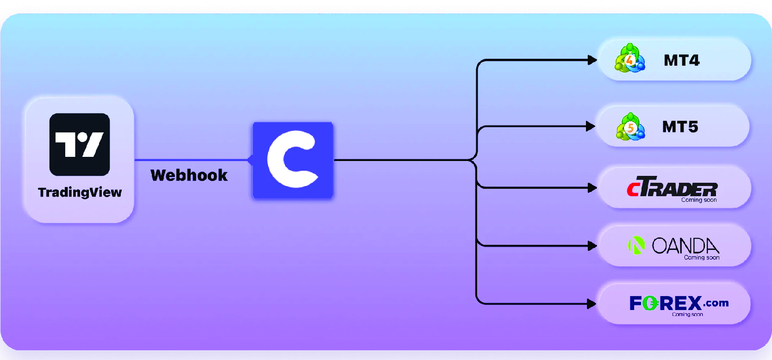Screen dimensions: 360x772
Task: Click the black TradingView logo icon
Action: click(x=80, y=144)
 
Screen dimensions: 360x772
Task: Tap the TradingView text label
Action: click(x=80, y=192)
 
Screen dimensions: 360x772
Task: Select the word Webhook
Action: click(x=189, y=175)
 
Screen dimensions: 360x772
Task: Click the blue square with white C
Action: click(x=293, y=160)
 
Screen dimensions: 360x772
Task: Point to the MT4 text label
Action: click(x=681, y=60)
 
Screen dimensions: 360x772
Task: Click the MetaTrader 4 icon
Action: click(x=629, y=59)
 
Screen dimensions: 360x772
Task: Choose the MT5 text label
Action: click(x=680, y=127)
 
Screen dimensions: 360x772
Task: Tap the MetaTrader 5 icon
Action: click(x=630, y=126)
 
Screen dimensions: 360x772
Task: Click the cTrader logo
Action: click(x=672, y=187)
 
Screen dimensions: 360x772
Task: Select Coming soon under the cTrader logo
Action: click(x=699, y=200)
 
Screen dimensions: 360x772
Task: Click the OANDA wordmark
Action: click(x=685, y=245)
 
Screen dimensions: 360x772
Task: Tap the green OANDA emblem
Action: click(x=636, y=245)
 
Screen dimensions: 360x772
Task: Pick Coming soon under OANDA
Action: click(x=702, y=258)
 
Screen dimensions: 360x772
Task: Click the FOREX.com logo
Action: click(x=679, y=303)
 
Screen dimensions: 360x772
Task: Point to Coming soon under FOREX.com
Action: click(x=687, y=315)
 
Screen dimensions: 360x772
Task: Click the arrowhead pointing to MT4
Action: click(x=592, y=60)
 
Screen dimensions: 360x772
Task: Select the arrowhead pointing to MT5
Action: click(x=591, y=126)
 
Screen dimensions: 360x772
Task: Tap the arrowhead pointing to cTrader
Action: click(x=592, y=188)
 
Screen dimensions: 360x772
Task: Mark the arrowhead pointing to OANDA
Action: click(x=592, y=246)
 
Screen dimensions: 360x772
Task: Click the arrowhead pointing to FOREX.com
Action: click(x=591, y=304)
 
